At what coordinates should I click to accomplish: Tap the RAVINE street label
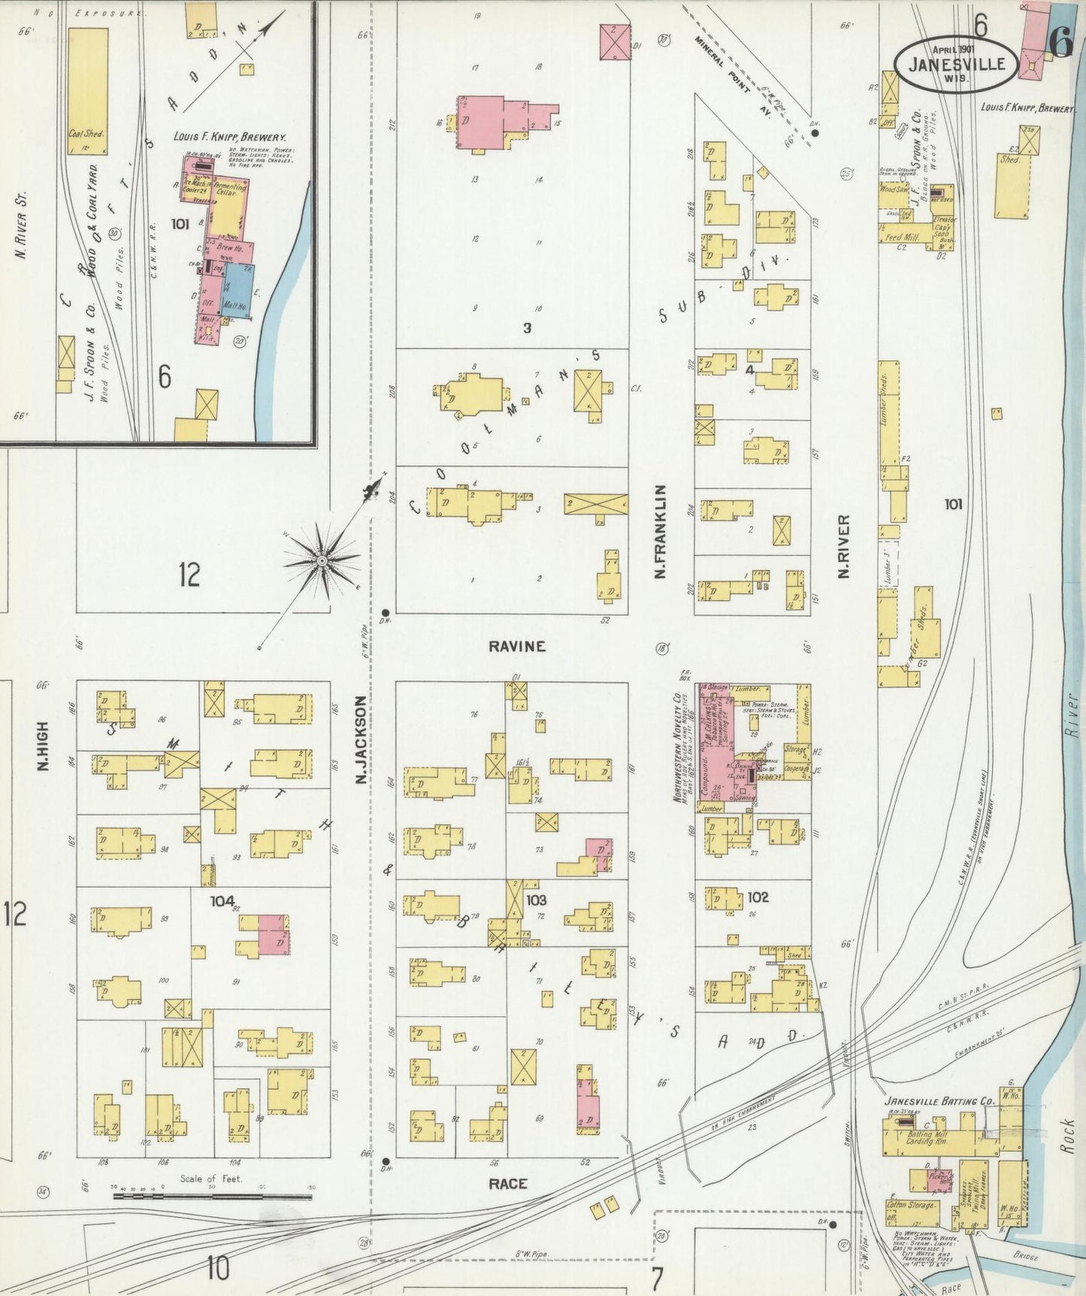[x=517, y=646]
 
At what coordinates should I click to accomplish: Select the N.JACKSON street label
[x=361, y=740]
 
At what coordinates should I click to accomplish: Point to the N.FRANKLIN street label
[x=661, y=532]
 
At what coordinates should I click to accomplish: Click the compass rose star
[x=322, y=561]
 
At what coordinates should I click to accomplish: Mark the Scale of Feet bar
[x=212, y=1196]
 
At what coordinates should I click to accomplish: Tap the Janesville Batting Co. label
[x=939, y=1100]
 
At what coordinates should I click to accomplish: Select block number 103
[x=536, y=900]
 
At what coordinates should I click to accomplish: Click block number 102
[x=758, y=897]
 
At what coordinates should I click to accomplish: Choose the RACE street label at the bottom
[x=508, y=1184]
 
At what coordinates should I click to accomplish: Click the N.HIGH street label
[x=42, y=746]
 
